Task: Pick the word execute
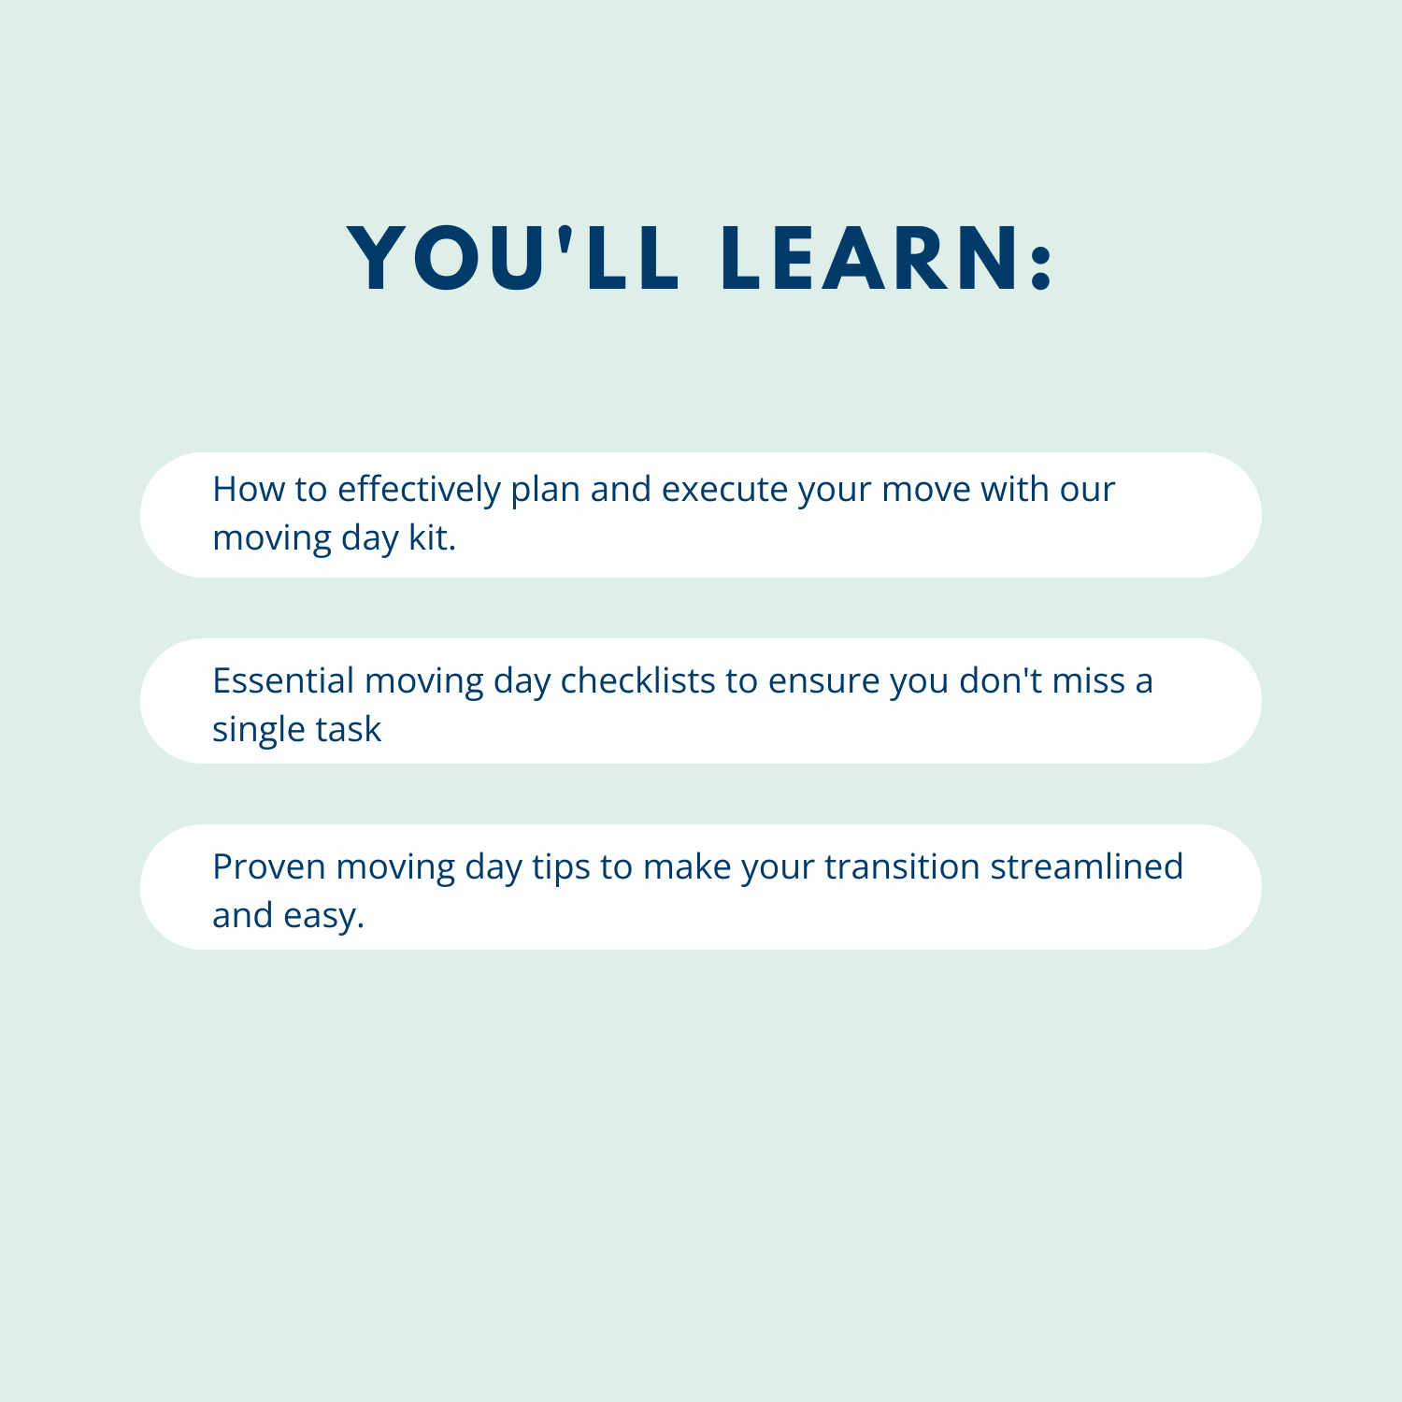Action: (724, 490)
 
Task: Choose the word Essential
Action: (283, 680)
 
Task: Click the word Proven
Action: (269, 866)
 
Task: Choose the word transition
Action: (901, 866)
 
